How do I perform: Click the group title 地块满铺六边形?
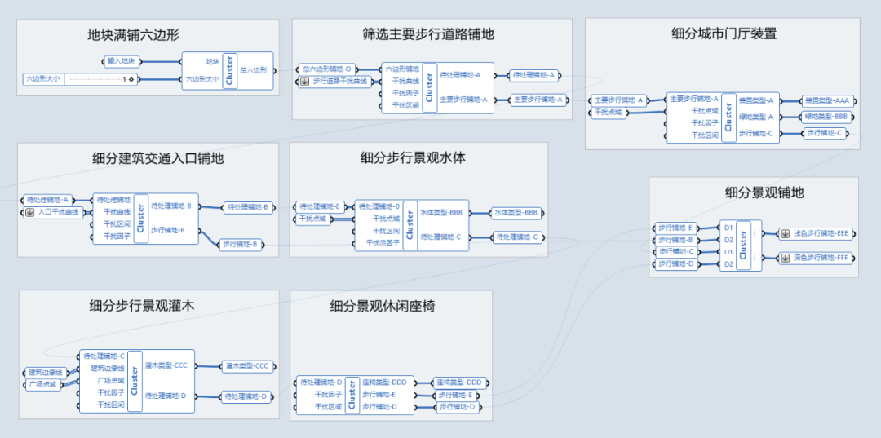point(134,35)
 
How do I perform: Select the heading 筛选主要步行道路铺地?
point(428,34)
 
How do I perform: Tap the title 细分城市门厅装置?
point(724,33)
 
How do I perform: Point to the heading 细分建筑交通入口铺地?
point(157,158)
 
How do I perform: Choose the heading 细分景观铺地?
point(764,192)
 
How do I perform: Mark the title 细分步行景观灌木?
point(143,306)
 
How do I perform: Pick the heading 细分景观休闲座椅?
point(383,306)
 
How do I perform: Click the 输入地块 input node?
point(122,61)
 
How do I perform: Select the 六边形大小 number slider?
point(79,79)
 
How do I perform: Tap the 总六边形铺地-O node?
point(325,69)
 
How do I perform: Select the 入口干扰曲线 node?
point(54,212)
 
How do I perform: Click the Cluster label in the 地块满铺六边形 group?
point(229,70)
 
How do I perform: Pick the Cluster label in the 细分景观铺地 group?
point(743,246)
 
